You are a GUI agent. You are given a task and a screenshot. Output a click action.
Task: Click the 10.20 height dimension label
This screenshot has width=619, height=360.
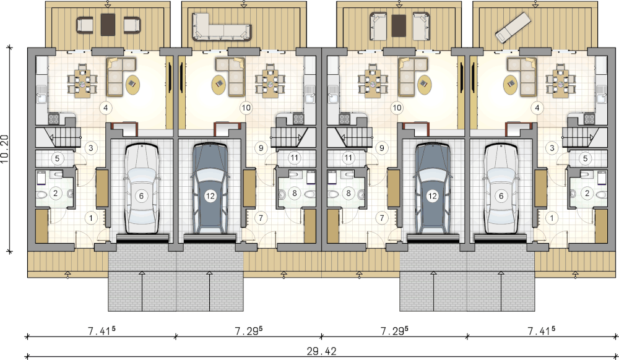pos(5,149)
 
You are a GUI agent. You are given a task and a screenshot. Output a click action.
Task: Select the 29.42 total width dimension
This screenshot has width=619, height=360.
pos(322,351)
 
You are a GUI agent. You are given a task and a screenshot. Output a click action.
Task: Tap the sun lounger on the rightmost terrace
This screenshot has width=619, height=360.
pos(513,27)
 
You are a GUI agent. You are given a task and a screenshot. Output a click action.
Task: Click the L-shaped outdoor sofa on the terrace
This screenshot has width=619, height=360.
pos(222,27)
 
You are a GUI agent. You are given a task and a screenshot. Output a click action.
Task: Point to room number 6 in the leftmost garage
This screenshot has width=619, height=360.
pos(141,196)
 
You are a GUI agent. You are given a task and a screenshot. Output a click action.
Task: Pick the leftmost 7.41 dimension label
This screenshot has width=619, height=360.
pos(101,330)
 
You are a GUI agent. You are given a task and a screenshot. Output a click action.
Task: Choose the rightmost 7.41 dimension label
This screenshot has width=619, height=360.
pos(541,330)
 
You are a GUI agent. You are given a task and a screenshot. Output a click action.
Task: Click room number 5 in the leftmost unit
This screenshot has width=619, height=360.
pos(57,158)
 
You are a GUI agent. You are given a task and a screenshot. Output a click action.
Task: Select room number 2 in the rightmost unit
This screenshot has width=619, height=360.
pos(587,193)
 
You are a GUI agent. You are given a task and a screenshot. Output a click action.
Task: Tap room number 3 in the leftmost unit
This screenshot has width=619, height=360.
pos(91,148)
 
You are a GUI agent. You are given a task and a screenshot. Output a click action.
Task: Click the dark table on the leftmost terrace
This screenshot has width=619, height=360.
pos(108,25)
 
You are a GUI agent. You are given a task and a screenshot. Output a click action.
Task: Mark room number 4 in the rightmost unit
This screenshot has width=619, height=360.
pos(537,108)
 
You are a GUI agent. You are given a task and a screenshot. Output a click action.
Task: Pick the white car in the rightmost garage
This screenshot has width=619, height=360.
pos(501,189)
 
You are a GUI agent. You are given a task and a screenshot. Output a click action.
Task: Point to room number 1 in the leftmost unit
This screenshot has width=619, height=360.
pos(91,218)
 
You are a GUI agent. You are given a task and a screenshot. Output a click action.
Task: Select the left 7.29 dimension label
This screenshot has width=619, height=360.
pos(249,330)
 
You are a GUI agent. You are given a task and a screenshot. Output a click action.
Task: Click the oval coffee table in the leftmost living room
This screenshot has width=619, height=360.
pos(133,84)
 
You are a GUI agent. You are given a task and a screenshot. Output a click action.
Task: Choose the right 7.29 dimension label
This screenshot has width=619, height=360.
pos(394,330)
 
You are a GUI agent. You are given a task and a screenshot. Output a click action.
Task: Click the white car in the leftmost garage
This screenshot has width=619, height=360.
pos(141,189)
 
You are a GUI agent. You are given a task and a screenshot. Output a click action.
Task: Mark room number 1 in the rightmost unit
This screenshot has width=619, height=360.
pos(552,218)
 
